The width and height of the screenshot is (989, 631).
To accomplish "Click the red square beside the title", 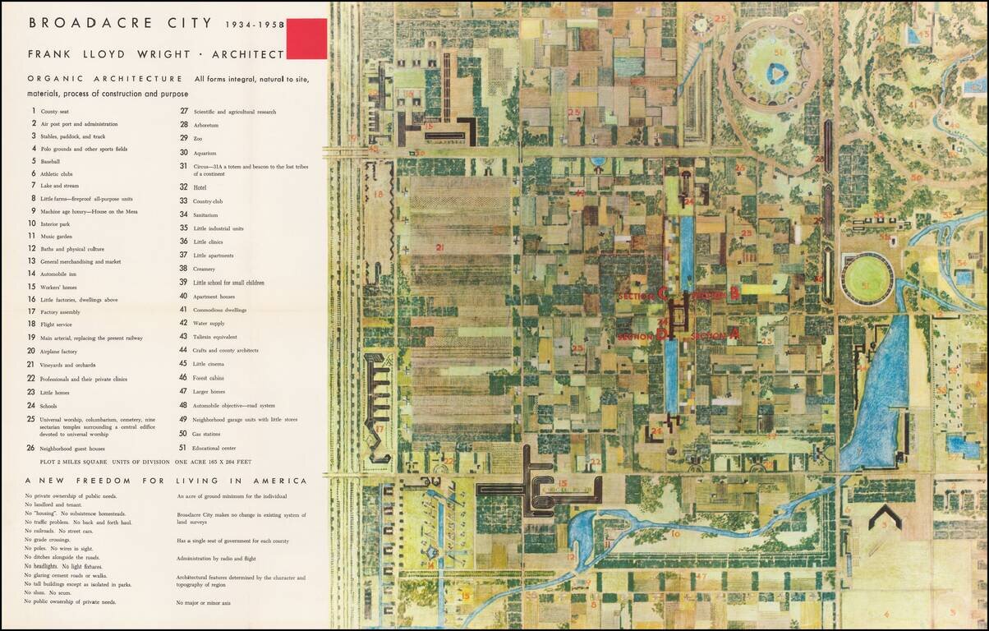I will click(x=306, y=39).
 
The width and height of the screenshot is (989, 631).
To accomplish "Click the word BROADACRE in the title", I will click(x=75, y=23).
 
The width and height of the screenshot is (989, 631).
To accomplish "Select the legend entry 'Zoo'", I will click(x=198, y=138).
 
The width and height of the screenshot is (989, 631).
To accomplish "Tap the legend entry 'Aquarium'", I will click(x=205, y=153).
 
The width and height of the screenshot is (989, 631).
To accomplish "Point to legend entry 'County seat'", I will click(x=54, y=111).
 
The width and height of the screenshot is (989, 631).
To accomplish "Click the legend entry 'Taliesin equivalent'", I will click(x=215, y=337).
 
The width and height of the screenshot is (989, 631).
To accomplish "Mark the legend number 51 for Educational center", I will click(x=183, y=448).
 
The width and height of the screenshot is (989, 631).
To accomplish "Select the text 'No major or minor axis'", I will click(x=205, y=603).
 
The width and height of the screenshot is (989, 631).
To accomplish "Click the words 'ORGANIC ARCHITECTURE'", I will click(x=104, y=79).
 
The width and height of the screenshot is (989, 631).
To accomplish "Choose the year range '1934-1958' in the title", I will click(x=255, y=24).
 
